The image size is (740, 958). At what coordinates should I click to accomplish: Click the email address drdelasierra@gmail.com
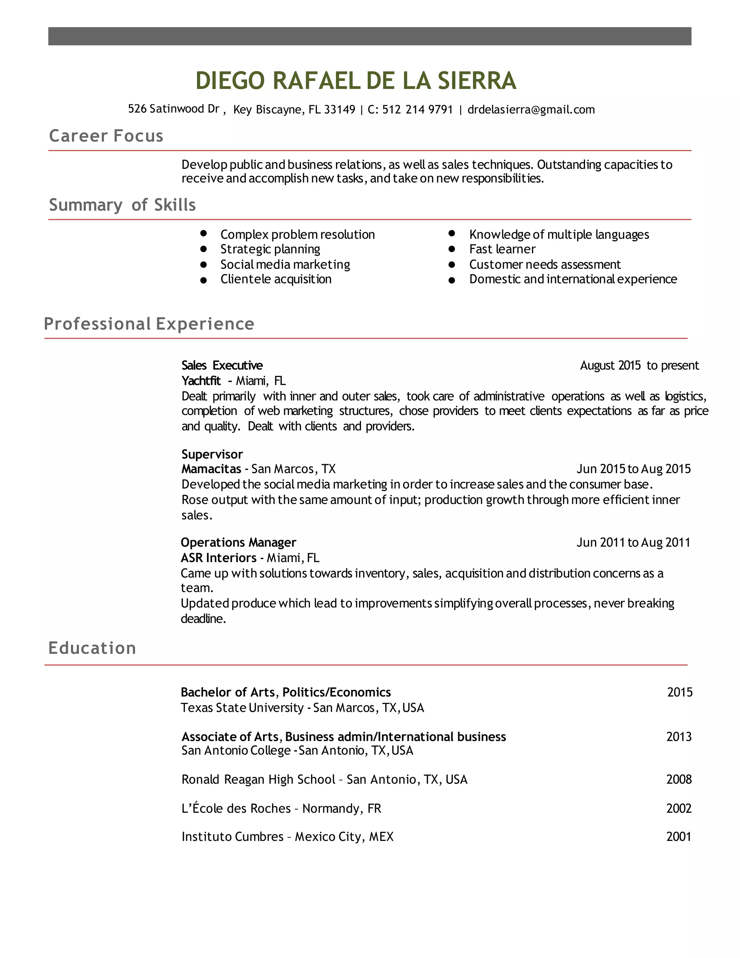(531, 110)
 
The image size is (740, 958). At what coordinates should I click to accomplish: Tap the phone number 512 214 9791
(417, 110)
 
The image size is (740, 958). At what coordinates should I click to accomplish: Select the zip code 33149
(339, 110)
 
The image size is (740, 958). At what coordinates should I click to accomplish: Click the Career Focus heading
(106, 136)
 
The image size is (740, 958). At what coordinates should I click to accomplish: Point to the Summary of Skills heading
(122, 205)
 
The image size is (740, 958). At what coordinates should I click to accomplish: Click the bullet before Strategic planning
(203, 249)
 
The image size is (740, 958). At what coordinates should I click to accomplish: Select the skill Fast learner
(502, 249)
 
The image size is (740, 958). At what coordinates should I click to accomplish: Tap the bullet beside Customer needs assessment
(452, 265)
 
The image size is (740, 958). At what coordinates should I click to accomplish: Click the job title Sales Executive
(222, 365)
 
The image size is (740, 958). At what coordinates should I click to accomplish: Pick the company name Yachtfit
(201, 381)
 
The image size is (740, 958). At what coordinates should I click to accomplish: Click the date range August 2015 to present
(639, 365)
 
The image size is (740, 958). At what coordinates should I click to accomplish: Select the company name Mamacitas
(211, 469)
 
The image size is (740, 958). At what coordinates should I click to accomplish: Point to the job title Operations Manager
(238, 543)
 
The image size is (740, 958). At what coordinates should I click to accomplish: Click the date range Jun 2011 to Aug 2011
(633, 543)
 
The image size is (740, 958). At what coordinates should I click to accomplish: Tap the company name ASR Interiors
(218, 558)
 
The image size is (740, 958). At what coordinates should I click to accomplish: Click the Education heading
(92, 648)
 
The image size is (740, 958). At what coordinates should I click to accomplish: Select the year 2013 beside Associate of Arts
(679, 737)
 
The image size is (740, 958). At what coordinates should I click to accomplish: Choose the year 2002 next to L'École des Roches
(679, 808)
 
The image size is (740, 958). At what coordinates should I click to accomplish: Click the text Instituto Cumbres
(232, 837)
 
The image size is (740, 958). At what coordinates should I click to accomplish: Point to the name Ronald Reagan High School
(258, 779)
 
